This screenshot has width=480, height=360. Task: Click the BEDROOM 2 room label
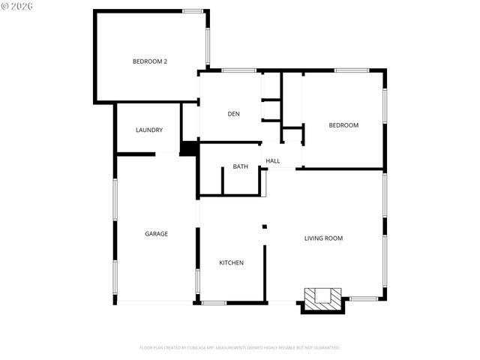point(149,61)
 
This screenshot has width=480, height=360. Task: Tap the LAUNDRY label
point(149,130)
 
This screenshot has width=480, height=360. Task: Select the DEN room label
point(233,113)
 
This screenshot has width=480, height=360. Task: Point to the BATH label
point(240,166)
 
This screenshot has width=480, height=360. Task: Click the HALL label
point(273,160)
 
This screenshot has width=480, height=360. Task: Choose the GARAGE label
point(156,233)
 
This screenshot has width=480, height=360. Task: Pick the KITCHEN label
point(231,262)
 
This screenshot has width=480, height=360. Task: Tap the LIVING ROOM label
point(323,238)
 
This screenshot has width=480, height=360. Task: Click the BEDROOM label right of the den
point(343,125)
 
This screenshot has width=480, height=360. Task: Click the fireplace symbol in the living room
point(322,298)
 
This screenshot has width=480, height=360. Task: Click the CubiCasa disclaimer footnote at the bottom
point(240,347)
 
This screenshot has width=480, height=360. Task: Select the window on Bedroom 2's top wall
point(193,11)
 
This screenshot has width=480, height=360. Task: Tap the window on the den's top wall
point(238,70)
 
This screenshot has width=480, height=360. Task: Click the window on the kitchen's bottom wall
point(214,302)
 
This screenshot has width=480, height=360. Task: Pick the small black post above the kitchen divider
point(264,226)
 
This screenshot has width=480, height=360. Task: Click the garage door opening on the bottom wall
point(155,302)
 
